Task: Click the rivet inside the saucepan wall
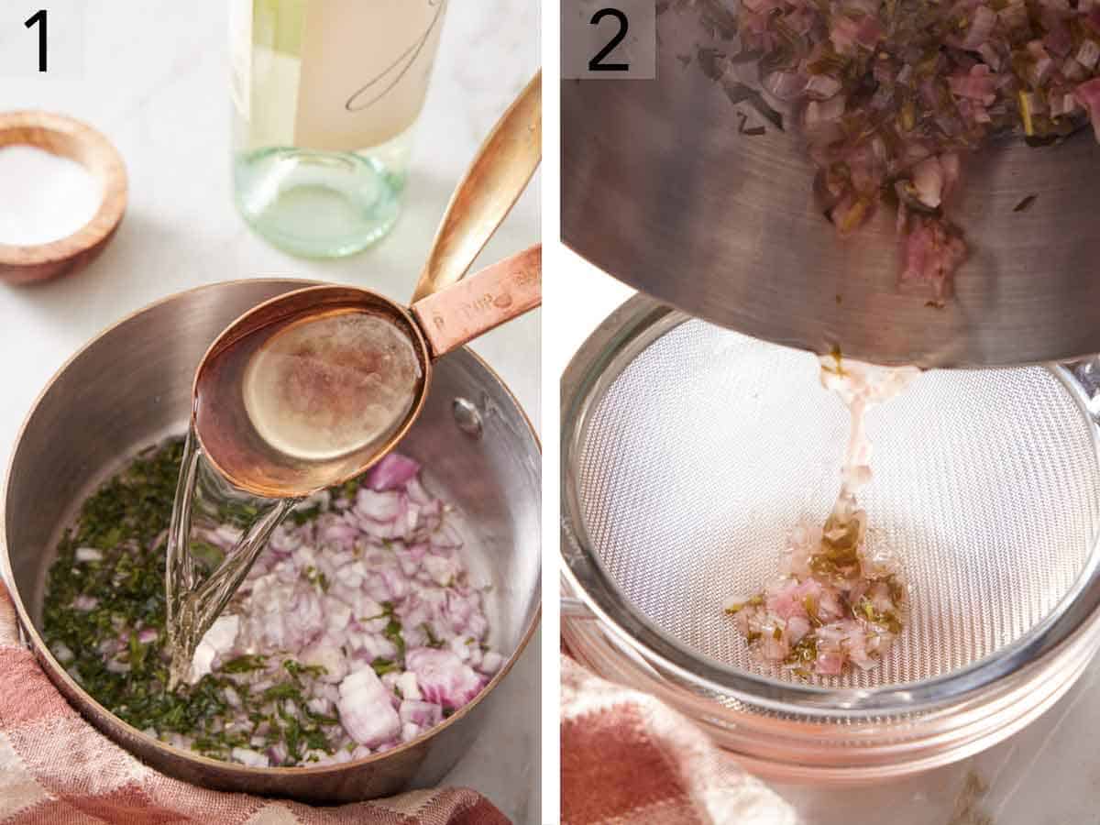pyautogui.click(x=467, y=415)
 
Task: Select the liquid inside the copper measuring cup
pyautogui.click(x=330, y=385)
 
